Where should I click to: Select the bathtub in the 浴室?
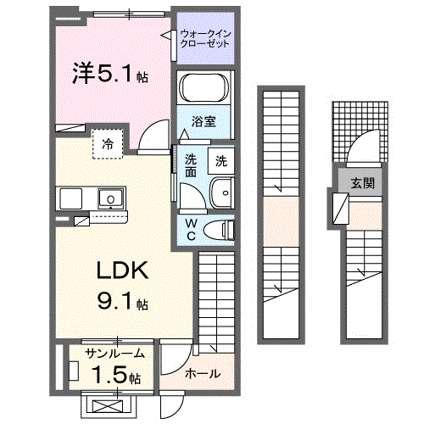(204, 90)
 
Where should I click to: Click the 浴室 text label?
(204, 121)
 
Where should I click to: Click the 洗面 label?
(192, 163)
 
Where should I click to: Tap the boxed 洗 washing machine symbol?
(220, 160)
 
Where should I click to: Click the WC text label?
(192, 229)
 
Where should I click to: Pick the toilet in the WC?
(222, 229)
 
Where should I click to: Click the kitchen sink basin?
(109, 199)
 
